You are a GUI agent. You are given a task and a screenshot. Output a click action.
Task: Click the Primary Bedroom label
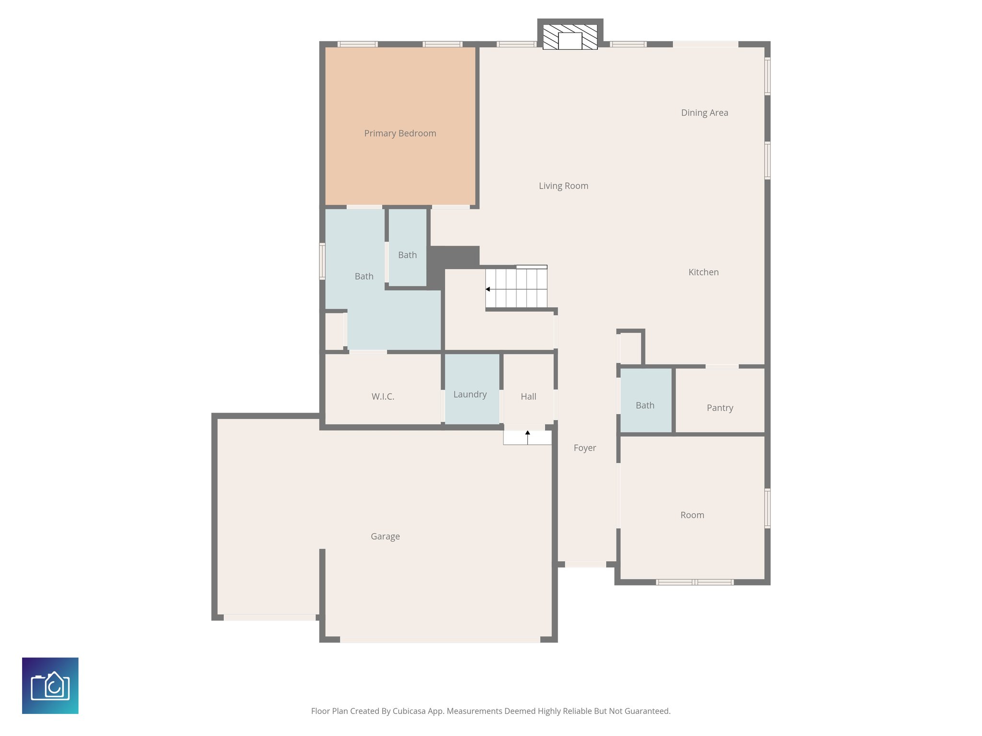pos(400,133)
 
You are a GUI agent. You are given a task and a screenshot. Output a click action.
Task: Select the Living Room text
pos(563,186)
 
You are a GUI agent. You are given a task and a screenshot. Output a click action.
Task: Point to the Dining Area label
pos(704,113)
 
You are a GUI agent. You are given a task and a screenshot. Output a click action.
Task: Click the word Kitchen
pos(703,272)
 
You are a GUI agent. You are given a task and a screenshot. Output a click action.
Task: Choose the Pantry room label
pos(720,408)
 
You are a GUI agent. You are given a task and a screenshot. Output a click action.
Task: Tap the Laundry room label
pos(470,394)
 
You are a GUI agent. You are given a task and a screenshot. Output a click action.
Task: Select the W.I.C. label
pos(383,396)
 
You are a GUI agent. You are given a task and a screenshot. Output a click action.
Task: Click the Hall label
pos(528,396)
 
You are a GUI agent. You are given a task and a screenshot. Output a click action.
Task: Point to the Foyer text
pos(585,448)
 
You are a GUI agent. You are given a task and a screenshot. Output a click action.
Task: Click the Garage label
pos(385,536)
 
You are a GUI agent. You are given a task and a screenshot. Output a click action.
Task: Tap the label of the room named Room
pos(692,515)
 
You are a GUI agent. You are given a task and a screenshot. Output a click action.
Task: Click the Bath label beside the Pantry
pos(645,405)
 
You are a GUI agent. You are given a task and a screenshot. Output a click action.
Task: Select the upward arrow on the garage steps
pos(527,434)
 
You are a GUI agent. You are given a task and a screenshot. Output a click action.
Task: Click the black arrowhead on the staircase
pos(488,289)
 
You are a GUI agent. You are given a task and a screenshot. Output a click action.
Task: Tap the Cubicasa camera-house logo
pos(50,686)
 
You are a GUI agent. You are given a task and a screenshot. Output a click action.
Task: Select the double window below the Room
pos(694,582)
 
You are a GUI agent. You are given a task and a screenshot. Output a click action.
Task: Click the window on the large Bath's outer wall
pos(322,261)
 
